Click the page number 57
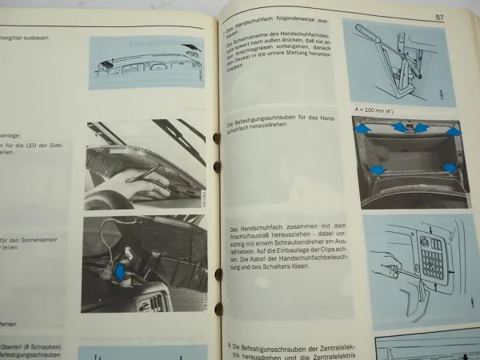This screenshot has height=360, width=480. click(439, 18)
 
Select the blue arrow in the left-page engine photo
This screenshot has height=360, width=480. click(120, 272)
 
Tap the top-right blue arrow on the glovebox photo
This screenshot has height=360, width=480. click(454, 131)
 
